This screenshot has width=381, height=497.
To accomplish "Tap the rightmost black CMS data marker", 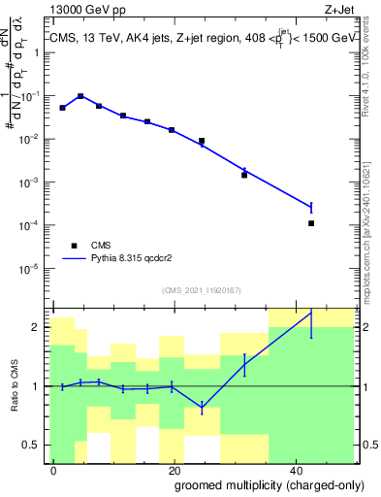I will (311, 223).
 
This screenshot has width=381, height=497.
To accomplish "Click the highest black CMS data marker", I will (80, 96).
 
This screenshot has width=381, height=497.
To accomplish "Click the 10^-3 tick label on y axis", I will (33, 182).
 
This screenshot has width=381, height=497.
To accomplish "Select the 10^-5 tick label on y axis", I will (33, 267).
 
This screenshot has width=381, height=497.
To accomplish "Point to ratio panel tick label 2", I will (39, 327).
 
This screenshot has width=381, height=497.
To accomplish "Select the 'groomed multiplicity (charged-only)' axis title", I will (256, 483).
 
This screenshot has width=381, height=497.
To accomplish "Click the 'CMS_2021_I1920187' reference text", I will (201, 289).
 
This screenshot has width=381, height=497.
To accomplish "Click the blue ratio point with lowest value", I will (202, 407).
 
